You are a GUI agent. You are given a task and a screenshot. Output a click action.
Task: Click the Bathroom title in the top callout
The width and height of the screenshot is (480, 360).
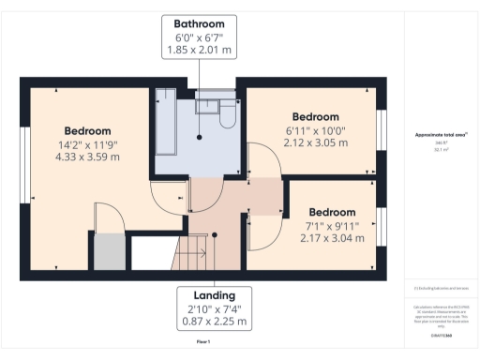pos(199,23)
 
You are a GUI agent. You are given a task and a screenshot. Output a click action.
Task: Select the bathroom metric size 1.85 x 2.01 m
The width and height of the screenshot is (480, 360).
pos(199,48)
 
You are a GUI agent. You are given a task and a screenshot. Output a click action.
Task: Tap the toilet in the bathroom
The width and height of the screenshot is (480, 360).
pos(227,116)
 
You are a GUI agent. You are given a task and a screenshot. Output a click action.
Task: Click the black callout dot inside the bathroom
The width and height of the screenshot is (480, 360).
pos(200,138)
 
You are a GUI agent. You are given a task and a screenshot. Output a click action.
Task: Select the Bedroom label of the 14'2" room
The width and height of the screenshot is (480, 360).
pos(87,130)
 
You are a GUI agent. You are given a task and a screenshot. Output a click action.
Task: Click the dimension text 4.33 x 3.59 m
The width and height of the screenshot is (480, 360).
pos(87,157)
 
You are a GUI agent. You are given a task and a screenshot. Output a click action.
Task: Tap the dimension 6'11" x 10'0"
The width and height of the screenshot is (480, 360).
pos(315,130)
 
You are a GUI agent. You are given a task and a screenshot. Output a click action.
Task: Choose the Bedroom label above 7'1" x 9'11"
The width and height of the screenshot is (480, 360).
pos(333,212)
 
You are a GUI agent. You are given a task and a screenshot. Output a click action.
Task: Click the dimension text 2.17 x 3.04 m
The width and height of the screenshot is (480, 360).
pos(333,238)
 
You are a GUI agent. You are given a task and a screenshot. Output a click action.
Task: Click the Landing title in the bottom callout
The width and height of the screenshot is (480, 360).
pos(215,294)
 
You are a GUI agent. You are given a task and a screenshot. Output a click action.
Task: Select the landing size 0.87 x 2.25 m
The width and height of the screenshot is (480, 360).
pos(215,321)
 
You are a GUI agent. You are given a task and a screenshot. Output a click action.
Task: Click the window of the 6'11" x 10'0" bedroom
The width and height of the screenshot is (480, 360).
pos(381,129)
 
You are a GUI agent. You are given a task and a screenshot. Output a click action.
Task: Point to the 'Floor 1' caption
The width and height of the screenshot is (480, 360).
pos(202,343)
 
